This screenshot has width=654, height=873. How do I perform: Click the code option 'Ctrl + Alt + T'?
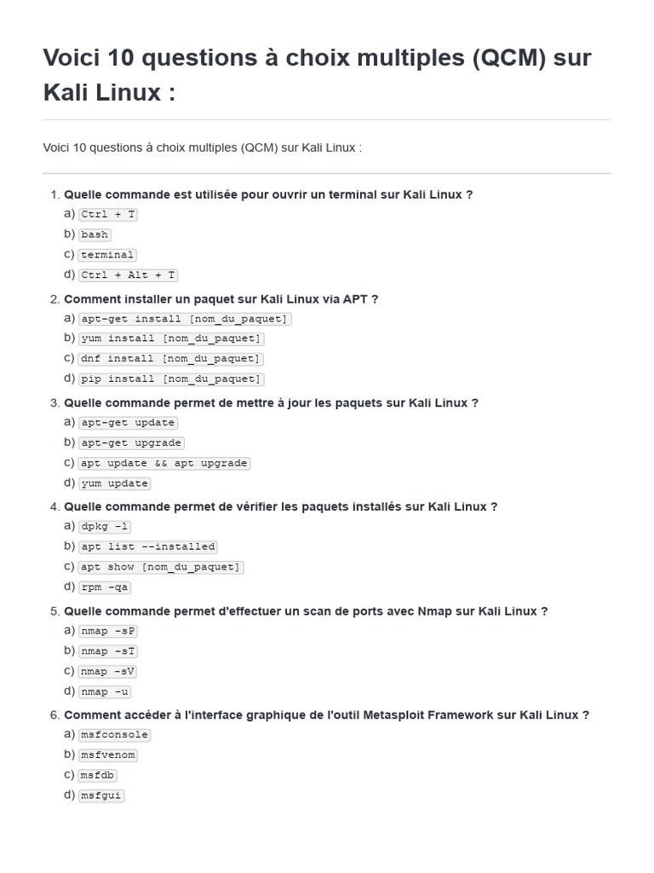coord(128,275)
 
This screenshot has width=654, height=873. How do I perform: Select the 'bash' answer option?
coord(95,234)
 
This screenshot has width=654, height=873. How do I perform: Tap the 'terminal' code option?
coord(107,255)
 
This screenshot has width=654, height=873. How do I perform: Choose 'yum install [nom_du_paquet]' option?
coord(171,338)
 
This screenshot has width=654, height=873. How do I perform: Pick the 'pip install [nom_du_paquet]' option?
coord(171,379)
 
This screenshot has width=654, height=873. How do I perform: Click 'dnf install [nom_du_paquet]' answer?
coord(171,359)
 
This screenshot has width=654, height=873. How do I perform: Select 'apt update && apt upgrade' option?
coord(164,463)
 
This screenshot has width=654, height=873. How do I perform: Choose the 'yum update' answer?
coord(114,483)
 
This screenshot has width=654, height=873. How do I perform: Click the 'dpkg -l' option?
coord(104,527)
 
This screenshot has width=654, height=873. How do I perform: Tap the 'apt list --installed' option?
coord(147,546)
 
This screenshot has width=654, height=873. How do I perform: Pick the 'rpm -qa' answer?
coord(104,587)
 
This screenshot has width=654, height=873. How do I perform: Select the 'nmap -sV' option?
coord(107,672)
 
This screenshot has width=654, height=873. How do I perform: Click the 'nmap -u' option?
coord(104,692)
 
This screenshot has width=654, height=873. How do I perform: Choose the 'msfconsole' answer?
coord(114,735)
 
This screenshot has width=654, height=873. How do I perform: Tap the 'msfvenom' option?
coord(107,754)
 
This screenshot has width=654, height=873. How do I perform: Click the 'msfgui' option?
coord(100,795)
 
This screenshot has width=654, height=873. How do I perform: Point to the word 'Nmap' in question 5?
coord(434,611)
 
